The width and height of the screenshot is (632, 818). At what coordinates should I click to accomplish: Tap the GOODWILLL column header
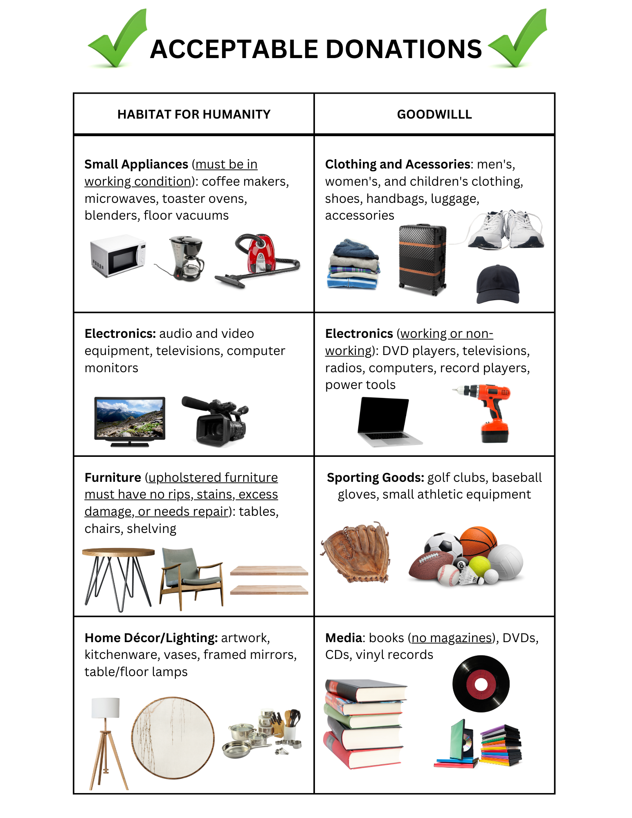434,114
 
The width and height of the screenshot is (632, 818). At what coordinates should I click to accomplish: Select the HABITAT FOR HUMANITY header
194,114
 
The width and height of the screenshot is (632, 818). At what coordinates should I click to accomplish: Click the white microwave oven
118,256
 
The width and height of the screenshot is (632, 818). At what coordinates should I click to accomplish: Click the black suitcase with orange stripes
423,259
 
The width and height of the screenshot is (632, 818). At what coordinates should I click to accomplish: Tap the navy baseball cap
498,285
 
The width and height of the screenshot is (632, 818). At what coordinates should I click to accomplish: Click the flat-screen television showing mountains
130,419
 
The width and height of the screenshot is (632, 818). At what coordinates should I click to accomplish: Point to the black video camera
217,421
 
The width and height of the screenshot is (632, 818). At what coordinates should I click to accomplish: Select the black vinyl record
481,684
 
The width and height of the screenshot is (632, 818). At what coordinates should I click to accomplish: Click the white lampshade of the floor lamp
106,708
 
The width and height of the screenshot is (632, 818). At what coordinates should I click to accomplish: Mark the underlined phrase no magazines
452,638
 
